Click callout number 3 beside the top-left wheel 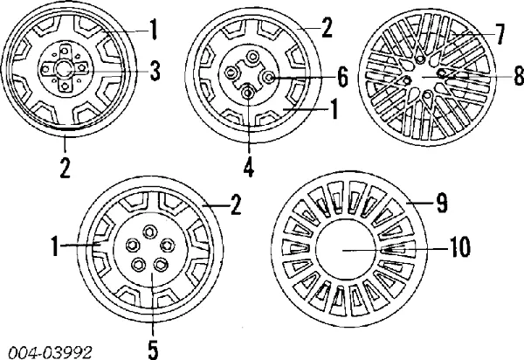click(155, 72)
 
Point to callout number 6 click(341, 78)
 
